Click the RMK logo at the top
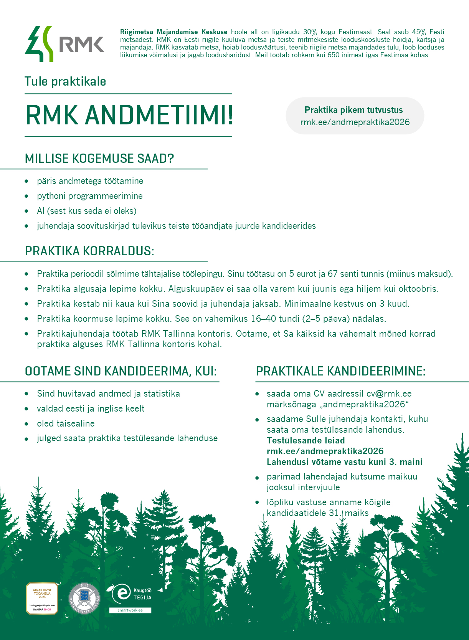click(x=64, y=44)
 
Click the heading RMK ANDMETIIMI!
click(x=129, y=115)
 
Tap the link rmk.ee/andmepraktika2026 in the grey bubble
click(x=355, y=122)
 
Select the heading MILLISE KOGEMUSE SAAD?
click(x=99, y=159)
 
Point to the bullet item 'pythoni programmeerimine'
click(x=90, y=196)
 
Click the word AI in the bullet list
click(x=41, y=211)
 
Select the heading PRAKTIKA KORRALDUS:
click(x=89, y=251)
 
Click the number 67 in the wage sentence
click(x=332, y=274)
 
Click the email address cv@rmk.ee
click(x=389, y=394)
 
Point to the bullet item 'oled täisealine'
click(x=66, y=424)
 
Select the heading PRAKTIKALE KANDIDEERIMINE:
click(x=340, y=372)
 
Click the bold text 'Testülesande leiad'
click(x=306, y=441)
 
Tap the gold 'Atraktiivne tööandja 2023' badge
click(x=42, y=598)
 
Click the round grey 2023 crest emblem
click(x=84, y=599)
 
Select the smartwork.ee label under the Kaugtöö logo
click(x=130, y=610)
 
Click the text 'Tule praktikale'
click(x=65, y=82)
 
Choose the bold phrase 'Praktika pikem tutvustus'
click(x=353, y=110)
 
